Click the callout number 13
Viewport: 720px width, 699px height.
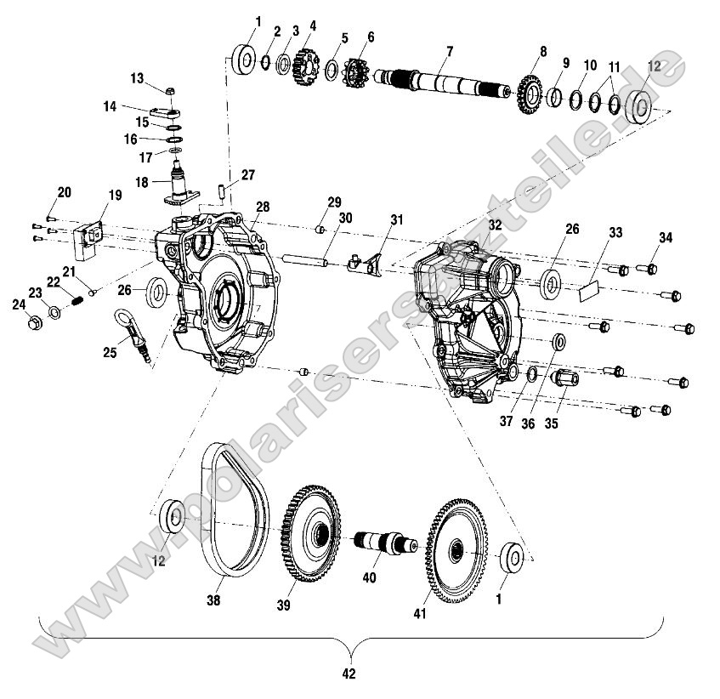point(137,77)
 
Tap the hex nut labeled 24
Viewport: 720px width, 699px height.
point(34,323)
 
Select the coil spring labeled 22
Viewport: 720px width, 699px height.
point(76,299)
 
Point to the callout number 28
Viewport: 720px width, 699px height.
point(263,207)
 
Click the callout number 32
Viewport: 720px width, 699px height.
point(495,224)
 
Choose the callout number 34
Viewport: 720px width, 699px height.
point(666,238)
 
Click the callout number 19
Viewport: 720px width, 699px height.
point(93,196)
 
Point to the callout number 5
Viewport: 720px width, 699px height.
point(344,38)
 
